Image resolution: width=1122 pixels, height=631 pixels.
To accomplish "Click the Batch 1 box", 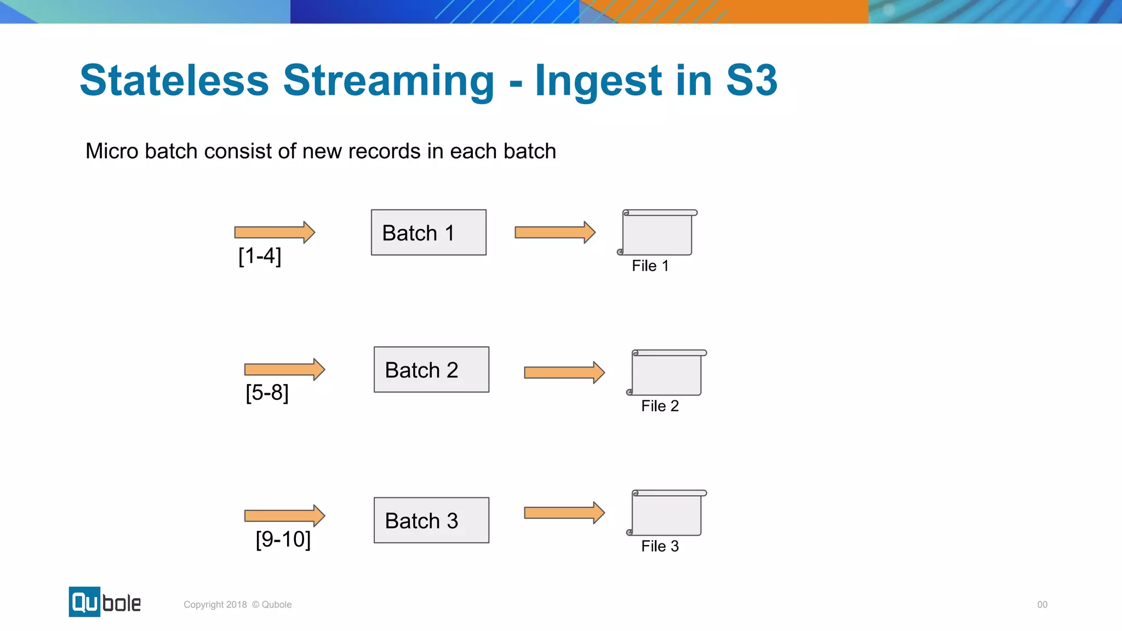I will pos(428,232).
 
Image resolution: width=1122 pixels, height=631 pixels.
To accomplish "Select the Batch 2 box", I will pos(431,370).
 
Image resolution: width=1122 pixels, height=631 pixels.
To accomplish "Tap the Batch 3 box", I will pos(431,520).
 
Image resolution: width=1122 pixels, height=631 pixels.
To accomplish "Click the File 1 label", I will pos(650,266).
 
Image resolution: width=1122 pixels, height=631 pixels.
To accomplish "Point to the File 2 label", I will pos(660,406).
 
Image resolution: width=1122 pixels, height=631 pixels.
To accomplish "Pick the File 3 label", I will pos(660,546).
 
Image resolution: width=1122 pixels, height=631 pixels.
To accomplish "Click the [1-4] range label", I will pos(260,256).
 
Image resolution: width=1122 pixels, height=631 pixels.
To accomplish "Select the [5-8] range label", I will pos(267,393).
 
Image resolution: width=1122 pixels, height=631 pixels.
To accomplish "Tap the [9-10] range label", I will pos(283,539).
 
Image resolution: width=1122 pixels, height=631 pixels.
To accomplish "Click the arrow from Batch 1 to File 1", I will pos(554,232).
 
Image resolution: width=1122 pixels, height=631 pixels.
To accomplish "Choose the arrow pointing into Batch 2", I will pos(284,370).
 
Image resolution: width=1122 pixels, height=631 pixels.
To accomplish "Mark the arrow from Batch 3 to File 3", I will pos(564,513).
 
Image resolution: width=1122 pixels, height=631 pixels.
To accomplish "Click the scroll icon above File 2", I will pos(666,372).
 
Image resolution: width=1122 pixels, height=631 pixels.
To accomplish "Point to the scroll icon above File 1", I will pos(657,233).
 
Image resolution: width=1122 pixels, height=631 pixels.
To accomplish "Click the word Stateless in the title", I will pos(174,81).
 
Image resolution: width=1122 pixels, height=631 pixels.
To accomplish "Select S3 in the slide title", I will pos(751,81).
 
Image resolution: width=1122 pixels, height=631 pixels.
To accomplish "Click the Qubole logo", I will pos(105,602).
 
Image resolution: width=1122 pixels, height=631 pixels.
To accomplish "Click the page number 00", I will pos(1042,605).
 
